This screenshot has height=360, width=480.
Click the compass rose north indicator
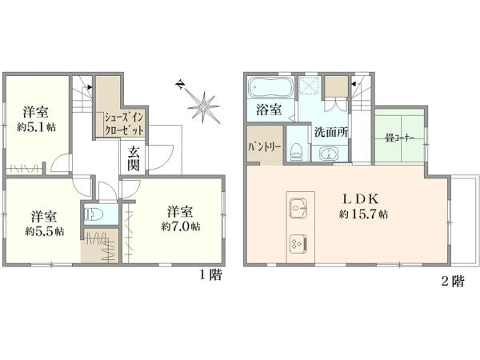tap(181, 85)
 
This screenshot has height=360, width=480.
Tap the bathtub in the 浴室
tap(270, 87)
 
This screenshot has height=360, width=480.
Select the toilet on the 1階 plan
tap(94, 214)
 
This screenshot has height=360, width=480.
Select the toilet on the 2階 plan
tap(296, 152)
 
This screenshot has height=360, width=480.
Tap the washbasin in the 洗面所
tap(329, 153)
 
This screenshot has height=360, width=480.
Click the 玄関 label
tap(134, 159)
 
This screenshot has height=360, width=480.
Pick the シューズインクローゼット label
tap(124, 125)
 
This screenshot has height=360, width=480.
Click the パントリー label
tap(265, 147)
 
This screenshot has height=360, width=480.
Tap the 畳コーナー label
tap(399, 138)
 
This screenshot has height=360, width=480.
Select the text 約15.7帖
tap(363, 214)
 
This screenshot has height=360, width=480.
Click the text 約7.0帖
tap(182, 226)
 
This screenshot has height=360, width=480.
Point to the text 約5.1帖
tap(37, 127)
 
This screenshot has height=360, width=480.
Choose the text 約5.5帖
tap(45, 231)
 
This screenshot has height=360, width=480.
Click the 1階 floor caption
tap(210, 275)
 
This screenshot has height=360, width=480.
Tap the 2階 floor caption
tap(453, 281)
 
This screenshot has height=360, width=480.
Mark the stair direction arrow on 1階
tap(89, 87)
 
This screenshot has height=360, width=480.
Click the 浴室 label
tap(269, 110)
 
